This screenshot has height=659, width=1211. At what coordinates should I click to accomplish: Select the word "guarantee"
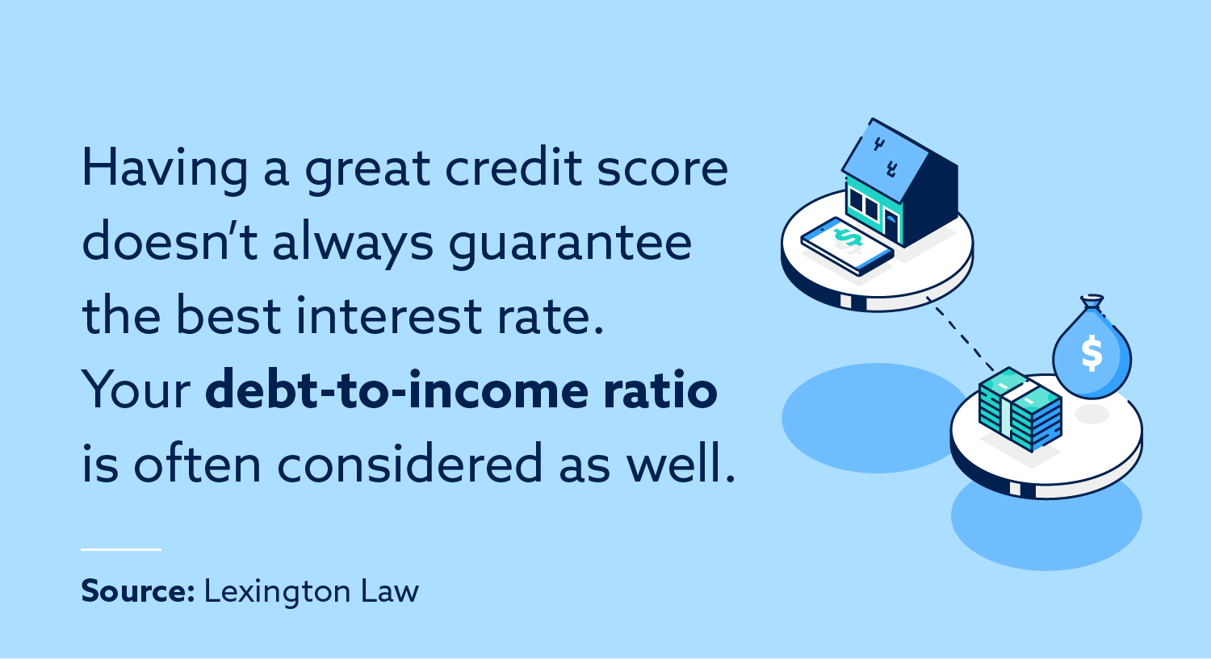[x=570, y=244]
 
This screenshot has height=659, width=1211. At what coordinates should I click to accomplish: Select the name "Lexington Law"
[x=311, y=591]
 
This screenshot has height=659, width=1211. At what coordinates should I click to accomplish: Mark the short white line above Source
[x=121, y=549]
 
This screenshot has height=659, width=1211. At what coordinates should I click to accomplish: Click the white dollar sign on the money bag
[x=1092, y=353]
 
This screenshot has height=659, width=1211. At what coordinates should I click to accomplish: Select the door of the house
[x=890, y=227]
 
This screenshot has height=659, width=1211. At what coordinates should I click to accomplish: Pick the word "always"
[x=354, y=244]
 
